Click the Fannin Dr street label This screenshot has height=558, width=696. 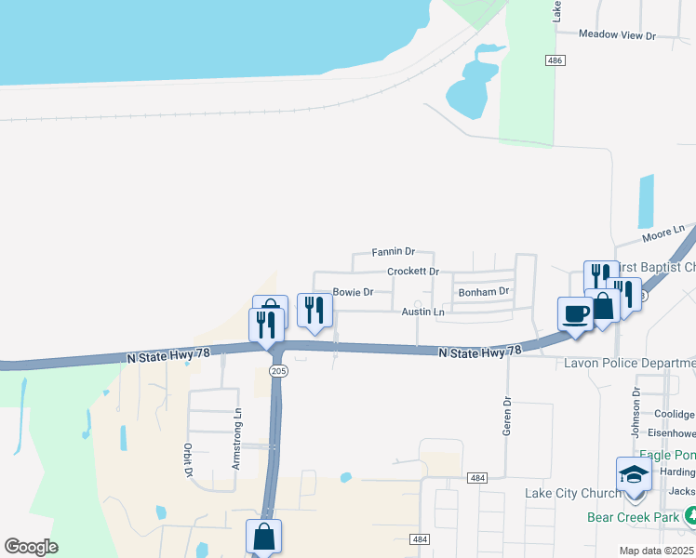click(x=393, y=251)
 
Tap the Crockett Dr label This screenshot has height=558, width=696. click(x=413, y=272)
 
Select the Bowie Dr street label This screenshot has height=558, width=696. click(x=353, y=292)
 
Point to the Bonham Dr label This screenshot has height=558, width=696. click(x=484, y=291)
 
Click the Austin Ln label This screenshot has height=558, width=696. click(x=422, y=312)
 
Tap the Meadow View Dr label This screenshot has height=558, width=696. click(x=617, y=35)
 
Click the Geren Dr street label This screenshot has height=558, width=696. click(x=508, y=415)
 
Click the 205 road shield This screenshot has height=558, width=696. click(x=277, y=370)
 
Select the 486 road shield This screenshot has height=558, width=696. click(x=555, y=60)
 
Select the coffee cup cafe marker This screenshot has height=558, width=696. click(x=574, y=312)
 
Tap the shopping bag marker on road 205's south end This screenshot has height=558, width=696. click(x=263, y=537)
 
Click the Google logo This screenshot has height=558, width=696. click(x=31, y=547)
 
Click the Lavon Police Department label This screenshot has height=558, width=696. click(x=629, y=363)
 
